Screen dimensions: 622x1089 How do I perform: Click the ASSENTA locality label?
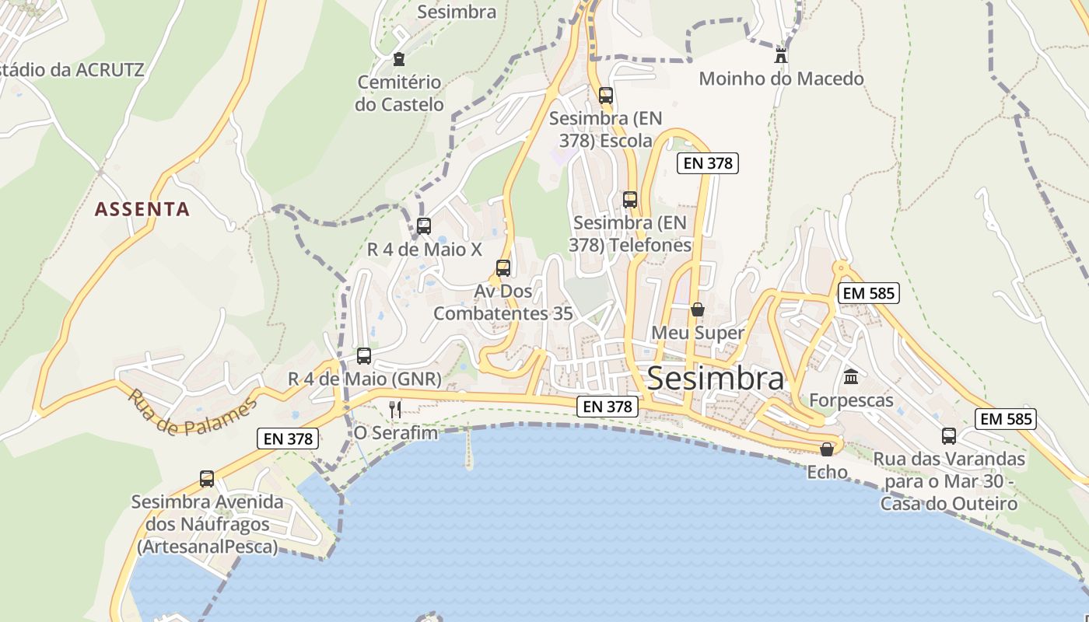click(142, 209)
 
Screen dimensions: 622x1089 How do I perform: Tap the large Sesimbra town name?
click(715, 379)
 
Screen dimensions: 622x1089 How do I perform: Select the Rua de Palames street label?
click(192, 413)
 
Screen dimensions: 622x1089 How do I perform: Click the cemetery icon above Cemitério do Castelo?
click(399, 59)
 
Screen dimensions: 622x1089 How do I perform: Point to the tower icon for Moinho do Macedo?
click(781, 55)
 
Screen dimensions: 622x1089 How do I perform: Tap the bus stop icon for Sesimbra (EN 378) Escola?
click(606, 96)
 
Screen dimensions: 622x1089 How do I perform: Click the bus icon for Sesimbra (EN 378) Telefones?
click(630, 200)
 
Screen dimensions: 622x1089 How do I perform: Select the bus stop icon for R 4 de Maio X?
click(424, 226)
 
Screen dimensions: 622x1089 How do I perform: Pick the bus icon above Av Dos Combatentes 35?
click(503, 268)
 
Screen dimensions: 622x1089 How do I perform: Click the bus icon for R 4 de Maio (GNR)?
click(364, 356)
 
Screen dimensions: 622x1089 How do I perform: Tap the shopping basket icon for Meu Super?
click(698, 309)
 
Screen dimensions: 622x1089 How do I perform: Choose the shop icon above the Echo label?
click(827, 449)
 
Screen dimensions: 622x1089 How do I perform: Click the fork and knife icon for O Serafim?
click(395, 409)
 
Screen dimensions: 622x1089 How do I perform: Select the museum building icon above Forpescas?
click(851, 377)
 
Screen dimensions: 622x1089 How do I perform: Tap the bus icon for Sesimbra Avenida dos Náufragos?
click(207, 479)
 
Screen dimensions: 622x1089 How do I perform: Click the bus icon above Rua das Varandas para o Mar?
click(949, 436)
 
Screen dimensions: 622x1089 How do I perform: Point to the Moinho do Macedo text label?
click(781, 79)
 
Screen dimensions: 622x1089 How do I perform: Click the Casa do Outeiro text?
click(949, 504)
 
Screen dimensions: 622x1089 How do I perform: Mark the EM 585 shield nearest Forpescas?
click(868, 293)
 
